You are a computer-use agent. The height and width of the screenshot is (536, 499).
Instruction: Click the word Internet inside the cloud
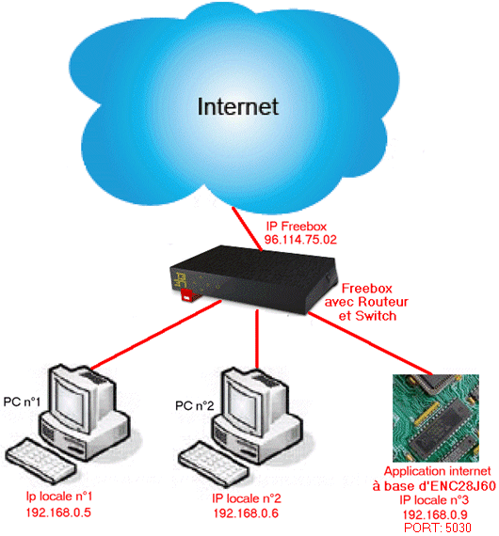pyautogui.click(x=238, y=106)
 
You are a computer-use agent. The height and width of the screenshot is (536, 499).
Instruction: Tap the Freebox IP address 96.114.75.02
pyautogui.click(x=300, y=239)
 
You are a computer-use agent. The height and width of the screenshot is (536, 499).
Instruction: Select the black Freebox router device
pyautogui.click(x=253, y=278)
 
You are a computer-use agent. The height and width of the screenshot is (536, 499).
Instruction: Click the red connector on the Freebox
pyautogui.click(x=189, y=295)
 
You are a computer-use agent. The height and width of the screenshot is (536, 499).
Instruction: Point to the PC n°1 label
pyautogui.click(x=22, y=402)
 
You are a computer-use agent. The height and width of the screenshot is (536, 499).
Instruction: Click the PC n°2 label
pyautogui.click(x=194, y=405)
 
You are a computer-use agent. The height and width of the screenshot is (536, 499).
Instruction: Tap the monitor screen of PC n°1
pyautogui.click(x=71, y=402)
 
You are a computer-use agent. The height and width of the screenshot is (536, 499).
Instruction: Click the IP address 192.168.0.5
pyautogui.click(x=58, y=512)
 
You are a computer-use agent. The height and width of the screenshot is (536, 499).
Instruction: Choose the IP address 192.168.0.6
pyautogui.click(x=246, y=513)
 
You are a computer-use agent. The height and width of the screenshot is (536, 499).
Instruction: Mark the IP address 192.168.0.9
pyautogui.click(x=435, y=514)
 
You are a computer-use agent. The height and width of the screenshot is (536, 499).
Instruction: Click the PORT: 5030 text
pyautogui.click(x=438, y=528)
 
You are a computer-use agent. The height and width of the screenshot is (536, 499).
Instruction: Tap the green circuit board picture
pyautogui.click(x=436, y=418)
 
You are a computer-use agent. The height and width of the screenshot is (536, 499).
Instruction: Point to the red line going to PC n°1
pyautogui.click(x=155, y=335)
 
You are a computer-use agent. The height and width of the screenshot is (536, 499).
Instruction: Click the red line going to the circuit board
pyautogui.click(x=370, y=343)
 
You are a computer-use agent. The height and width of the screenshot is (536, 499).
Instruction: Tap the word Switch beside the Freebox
pyautogui.click(x=376, y=316)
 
